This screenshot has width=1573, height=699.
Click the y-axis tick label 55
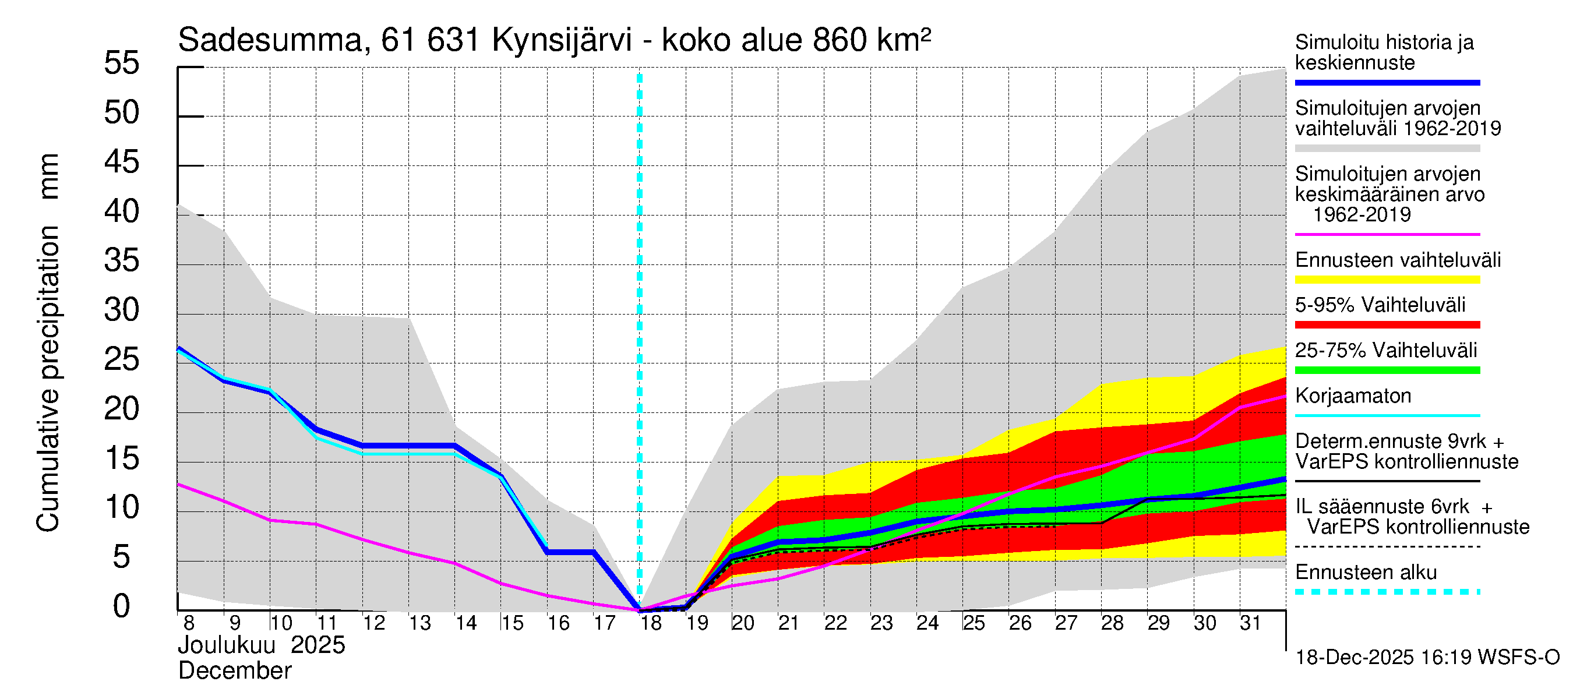pyautogui.click(x=122, y=63)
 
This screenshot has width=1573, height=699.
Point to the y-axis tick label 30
pyautogui.click(x=122, y=310)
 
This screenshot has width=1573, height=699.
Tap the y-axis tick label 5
pyautogui.click(x=122, y=557)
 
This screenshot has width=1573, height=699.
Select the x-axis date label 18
pyautogui.click(x=651, y=623)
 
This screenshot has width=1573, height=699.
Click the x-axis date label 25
pyautogui.click(x=974, y=623)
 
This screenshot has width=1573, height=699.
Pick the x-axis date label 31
pyautogui.click(x=1250, y=623)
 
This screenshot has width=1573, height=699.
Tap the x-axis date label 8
pyautogui.click(x=189, y=623)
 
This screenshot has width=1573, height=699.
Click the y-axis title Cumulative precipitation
pyautogui.click(x=48, y=379)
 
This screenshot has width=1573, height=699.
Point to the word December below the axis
pyautogui.click(x=234, y=671)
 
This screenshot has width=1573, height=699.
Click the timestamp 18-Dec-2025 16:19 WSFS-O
pyautogui.click(x=1427, y=658)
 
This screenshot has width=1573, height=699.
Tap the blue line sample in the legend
pyautogui.click(x=1387, y=82)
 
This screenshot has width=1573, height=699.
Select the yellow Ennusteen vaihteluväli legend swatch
pyautogui.click(x=1387, y=280)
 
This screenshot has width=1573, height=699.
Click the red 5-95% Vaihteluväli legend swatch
pyautogui.click(x=1387, y=325)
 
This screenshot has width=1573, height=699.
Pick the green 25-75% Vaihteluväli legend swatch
pyautogui.click(x=1387, y=370)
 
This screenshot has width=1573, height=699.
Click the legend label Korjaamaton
pyautogui.click(x=1353, y=396)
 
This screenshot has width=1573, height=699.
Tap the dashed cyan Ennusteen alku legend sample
pyautogui.click(x=1387, y=592)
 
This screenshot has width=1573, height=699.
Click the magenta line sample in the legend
pyautogui.click(x=1387, y=234)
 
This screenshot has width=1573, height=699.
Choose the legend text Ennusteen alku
pyautogui.click(x=1366, y=573)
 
